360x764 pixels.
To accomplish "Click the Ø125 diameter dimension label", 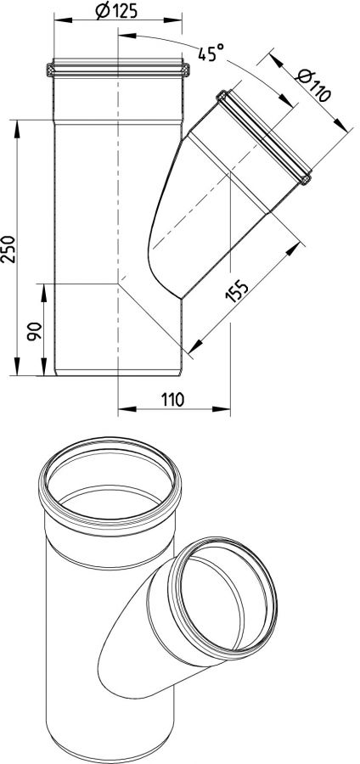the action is tap(116, 11).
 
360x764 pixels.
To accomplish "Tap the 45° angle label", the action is tap(211, 52).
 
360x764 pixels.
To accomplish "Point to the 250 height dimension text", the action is tap(9, 249).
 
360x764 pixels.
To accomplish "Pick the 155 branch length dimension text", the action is tap(237, 291).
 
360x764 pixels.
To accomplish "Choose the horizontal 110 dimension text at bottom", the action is tap(173, 400).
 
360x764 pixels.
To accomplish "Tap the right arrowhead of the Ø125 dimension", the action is tap(173, 20).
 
